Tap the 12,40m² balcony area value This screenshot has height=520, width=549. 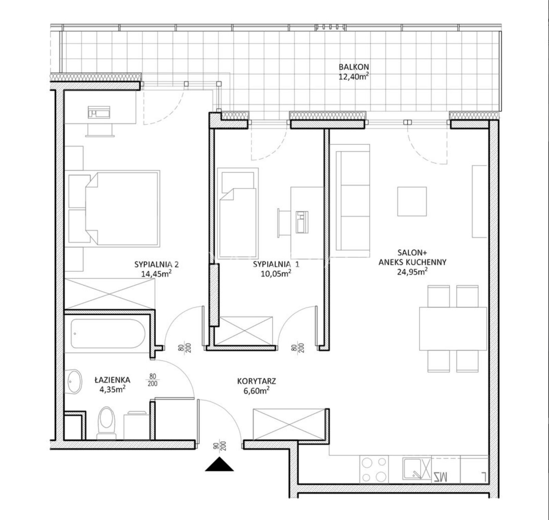click(354, 76)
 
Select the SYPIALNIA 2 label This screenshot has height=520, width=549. click(156, 264)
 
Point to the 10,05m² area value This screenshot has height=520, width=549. click(276, 273)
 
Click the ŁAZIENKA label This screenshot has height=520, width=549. click(113, 380)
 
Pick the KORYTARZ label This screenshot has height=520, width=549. click(257, 381)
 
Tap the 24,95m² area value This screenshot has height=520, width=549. click(412, 272)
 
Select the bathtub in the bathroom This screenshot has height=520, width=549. click(108, 333)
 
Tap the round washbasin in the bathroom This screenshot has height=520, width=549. click(74, 381)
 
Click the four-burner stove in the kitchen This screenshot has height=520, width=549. click(374, 469)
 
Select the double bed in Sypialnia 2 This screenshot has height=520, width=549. click(114, 209)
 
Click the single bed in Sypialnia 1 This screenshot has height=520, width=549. click(238, 213)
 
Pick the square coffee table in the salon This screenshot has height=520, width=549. click(412, 201)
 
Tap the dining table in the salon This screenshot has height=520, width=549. click(453, 329)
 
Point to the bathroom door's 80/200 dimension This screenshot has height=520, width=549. click(153, 380)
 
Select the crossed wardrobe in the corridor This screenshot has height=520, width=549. click(289, 424)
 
